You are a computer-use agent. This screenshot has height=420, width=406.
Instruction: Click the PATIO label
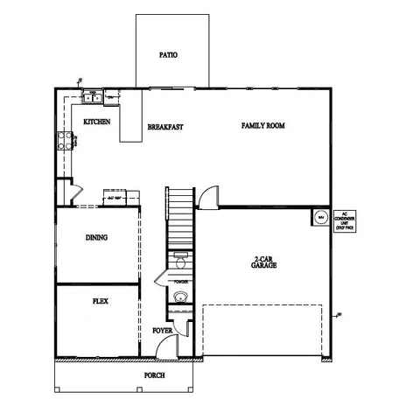[x=169, y=55]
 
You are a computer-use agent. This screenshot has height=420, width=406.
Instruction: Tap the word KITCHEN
[x=96, y=122]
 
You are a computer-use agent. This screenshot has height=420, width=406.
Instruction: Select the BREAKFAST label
[x=164, y=127]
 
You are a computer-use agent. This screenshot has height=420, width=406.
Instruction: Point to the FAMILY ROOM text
[x=263, y=126]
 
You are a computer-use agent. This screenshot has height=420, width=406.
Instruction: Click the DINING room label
[x=96, y=237]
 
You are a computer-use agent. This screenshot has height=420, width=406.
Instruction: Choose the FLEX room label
[x=100, y=300]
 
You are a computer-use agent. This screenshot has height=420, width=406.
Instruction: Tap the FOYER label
[x=162, y=331]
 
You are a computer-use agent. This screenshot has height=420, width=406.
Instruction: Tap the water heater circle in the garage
[x=320, y=216]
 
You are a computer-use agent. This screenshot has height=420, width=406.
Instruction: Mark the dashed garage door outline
[x=264, y=332]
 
